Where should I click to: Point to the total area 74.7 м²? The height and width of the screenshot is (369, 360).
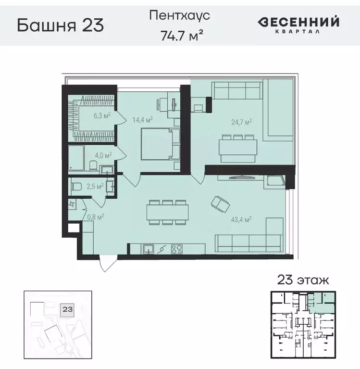point(179,35)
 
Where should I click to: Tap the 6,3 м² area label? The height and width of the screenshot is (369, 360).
point(102,115)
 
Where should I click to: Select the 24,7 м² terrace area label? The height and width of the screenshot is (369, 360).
point(242,123)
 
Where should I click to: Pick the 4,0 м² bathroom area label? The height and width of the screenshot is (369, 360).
point(102,155)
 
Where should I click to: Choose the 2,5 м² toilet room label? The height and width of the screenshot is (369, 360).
point(95,186)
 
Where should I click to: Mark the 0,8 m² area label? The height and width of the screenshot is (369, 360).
point(96,216)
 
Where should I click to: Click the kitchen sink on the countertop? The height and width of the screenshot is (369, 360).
point(149,249)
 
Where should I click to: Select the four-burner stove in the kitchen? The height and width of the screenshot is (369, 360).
point(177,249)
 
